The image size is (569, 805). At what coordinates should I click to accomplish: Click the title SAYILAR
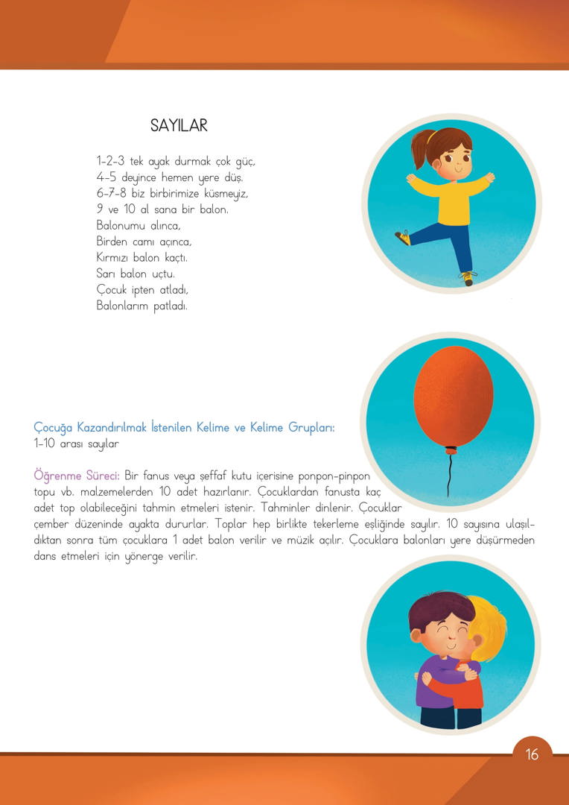coord(179,125)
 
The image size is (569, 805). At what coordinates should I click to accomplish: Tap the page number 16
coord(531,754)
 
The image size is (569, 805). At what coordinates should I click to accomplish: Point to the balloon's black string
coord(448,474)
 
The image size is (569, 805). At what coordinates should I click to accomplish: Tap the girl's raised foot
coord(403,238)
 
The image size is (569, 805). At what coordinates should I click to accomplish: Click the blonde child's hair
coord(484,625)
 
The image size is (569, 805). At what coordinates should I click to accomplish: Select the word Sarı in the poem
coord(105,274)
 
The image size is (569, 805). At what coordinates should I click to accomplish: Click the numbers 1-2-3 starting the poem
coord(111,161)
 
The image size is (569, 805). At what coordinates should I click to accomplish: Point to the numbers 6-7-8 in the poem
coord(112,193)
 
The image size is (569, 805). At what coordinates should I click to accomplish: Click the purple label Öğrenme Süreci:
coord(77,475)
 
